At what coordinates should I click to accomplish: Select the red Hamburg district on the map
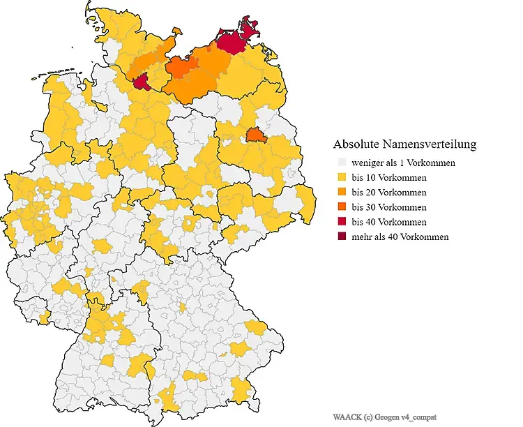pos(142,82)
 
